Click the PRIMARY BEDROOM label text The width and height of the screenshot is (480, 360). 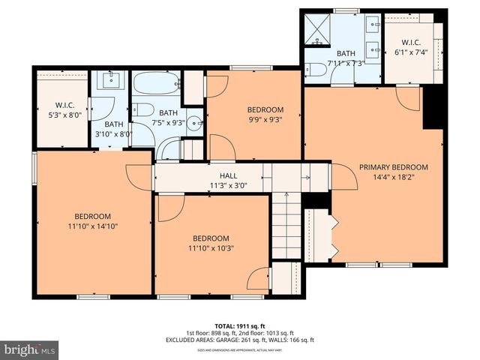pos(393,167)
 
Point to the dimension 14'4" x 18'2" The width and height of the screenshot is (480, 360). pos(393,178)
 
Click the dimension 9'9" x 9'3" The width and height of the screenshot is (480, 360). pos(265,118)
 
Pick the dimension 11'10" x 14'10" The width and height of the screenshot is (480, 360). pos(91,226)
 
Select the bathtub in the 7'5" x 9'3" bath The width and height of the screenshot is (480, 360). pos(156,83)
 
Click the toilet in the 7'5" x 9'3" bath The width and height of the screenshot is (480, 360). pos(144,110)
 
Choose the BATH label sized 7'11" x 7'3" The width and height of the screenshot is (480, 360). pos(346,54)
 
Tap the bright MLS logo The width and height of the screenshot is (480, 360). pos(30,349)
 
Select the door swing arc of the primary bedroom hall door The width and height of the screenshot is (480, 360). pos(346,177)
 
